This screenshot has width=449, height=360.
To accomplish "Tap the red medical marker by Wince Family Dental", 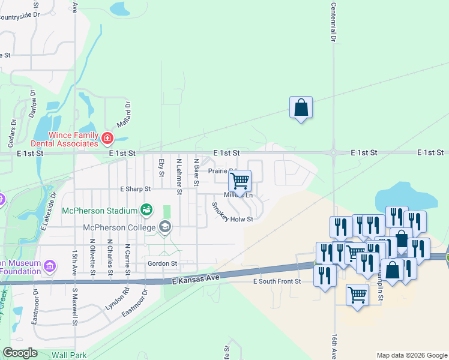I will point(107,139).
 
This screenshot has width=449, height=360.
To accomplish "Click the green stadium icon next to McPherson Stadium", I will point(146,209).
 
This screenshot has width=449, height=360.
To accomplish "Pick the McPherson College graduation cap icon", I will point(164,227).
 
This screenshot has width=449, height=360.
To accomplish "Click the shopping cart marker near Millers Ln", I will point(240,182).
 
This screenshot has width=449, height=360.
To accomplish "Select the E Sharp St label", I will point(135,189).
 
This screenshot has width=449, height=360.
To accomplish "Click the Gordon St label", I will point(162,263).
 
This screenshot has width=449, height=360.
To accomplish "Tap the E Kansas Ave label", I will point(194,280).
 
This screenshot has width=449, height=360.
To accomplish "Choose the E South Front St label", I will point(276,281).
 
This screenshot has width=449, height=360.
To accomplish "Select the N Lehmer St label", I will point(179,177).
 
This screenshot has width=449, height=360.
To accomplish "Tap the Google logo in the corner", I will point(20,353).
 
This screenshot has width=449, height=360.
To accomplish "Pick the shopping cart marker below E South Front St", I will point(358,295).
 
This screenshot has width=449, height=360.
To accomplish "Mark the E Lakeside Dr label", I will point(48,211).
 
